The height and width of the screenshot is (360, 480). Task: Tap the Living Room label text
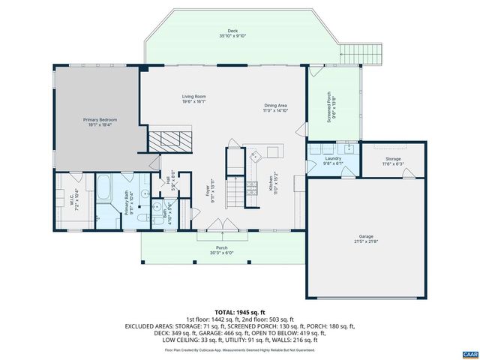pyautogui.click(x=193, y=97)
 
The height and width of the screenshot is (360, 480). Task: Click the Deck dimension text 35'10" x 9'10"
pyautogui.click(x=232, y=35)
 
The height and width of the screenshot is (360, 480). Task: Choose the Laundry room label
pyautogui.click(x=332, y=160)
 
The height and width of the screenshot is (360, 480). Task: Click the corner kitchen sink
pyautogui.click(x=256, y=155)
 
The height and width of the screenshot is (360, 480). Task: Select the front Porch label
pyautogui.click(x=222, y=250)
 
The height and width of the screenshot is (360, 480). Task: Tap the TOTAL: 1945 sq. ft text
pyautogui.click(x=239, y=311)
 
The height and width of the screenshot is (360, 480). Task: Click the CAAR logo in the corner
pyautogui.click(x=469, y=352)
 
